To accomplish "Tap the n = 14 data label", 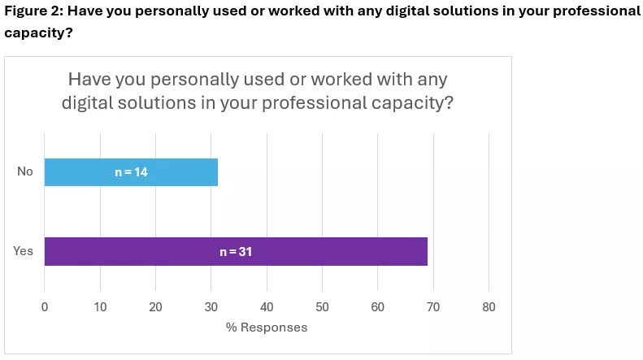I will pyautogui.click(x=131, y=172).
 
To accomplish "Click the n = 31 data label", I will pyautogui.click(x=236, y=252).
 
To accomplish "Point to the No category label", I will pyautogui.click(x=25, y=171).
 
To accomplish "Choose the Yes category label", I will pyautogui.click(x=24, y=251).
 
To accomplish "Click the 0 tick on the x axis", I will pyautogui.click(x=45, y=307).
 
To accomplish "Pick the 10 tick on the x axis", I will pyautogui.click(x=100, y=307).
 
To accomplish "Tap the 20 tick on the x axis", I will pyautogui.click(x=155, y=307).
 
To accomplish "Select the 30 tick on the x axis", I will pyautogui.click(x=211, y=307).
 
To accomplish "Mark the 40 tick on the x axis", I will pyautogui.click(x=267, y=307).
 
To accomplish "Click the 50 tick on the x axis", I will pyautogui.click(x=322, y=307).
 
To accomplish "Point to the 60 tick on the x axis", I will pyautogui.click(x=377, y=307).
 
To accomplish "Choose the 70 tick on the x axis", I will pyautogui.click(x=433, y=307).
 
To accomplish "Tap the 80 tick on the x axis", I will pyautogui.click(x=489, y=307).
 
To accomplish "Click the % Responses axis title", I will pyautogui.click(x=267, y=327).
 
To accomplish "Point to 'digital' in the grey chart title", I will pyautogui.click(x=89, y=103).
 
